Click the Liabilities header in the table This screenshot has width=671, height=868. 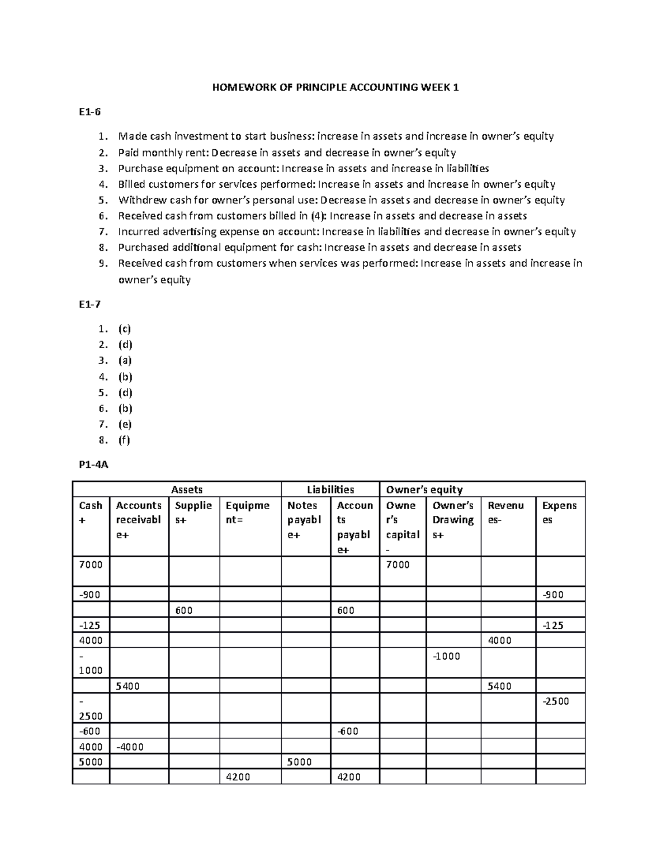(330, 490)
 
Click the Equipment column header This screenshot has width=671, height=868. (247, 513)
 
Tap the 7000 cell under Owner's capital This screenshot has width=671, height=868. (398, 565)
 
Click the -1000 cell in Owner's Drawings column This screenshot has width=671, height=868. (446, 656)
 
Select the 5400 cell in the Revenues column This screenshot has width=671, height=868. (499, 686)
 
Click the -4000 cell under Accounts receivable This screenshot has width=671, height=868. (130, 747)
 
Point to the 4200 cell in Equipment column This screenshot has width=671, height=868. (238, 777)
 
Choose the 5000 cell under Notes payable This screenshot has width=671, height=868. (299, 762)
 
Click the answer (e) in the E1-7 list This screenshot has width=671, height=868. (125, 424)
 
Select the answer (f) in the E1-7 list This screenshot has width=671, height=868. (124, 440)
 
